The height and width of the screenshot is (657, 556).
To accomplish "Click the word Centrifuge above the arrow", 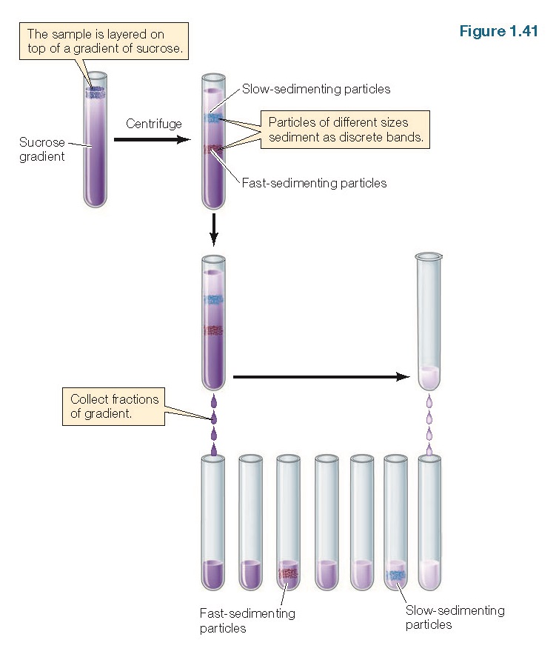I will pos(153,124).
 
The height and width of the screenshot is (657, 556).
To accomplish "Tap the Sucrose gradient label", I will pos(42,150).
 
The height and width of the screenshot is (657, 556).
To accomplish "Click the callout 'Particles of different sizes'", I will pos(344,130).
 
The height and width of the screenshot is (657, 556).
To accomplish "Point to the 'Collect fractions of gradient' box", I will pos(113,406).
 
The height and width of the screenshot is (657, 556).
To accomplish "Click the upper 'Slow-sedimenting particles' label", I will pos(316,90).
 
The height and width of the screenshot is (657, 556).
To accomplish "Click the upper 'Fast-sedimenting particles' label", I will pos(314,183).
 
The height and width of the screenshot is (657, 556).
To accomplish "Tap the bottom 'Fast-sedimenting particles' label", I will pos(247,621).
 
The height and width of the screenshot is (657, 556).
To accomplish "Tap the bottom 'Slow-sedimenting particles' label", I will pos(455,617).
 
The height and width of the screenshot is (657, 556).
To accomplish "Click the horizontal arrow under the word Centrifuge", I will pos(152,139).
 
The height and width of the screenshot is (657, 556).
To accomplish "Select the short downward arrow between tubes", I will pos(213,230).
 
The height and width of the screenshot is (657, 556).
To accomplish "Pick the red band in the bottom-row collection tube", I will pos(287,573).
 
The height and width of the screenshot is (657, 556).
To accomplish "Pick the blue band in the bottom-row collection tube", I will pos(396,575).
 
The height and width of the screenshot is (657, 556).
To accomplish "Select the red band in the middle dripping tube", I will pos(213,330).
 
